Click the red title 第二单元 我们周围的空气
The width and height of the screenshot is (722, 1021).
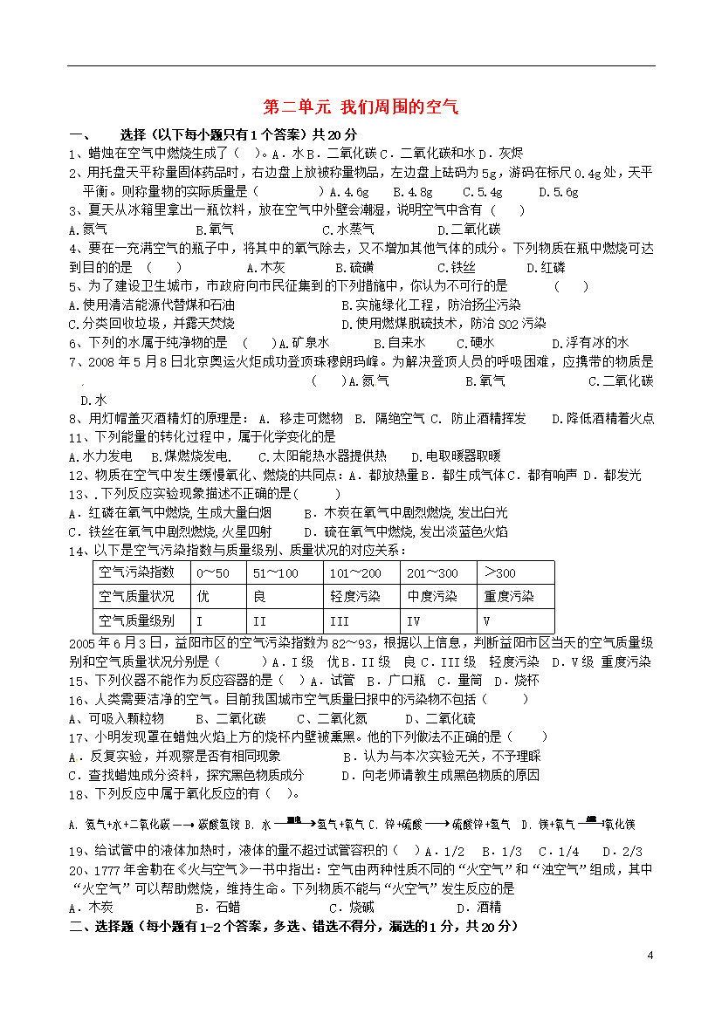361,107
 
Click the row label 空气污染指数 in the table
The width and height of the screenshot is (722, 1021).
137,572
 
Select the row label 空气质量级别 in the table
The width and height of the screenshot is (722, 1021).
137,621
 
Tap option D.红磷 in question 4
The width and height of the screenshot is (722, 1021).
546,268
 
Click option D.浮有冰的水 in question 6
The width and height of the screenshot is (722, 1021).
597,344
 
